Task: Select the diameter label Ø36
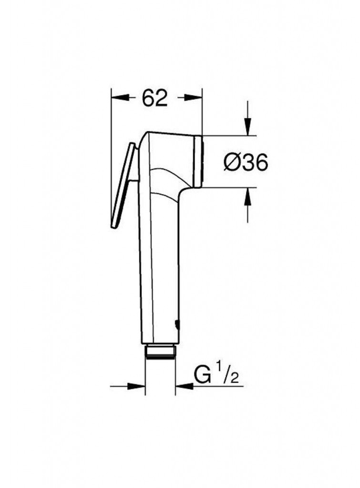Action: click(x=246, y=163)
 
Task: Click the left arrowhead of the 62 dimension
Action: click(x=120, y=97)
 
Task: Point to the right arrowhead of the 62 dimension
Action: click(x=194, y=97)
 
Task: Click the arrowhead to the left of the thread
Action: click(x=136, y=386)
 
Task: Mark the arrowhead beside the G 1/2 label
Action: click(x=185, y=386)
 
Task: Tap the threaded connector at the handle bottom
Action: click(x=160, y=352)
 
